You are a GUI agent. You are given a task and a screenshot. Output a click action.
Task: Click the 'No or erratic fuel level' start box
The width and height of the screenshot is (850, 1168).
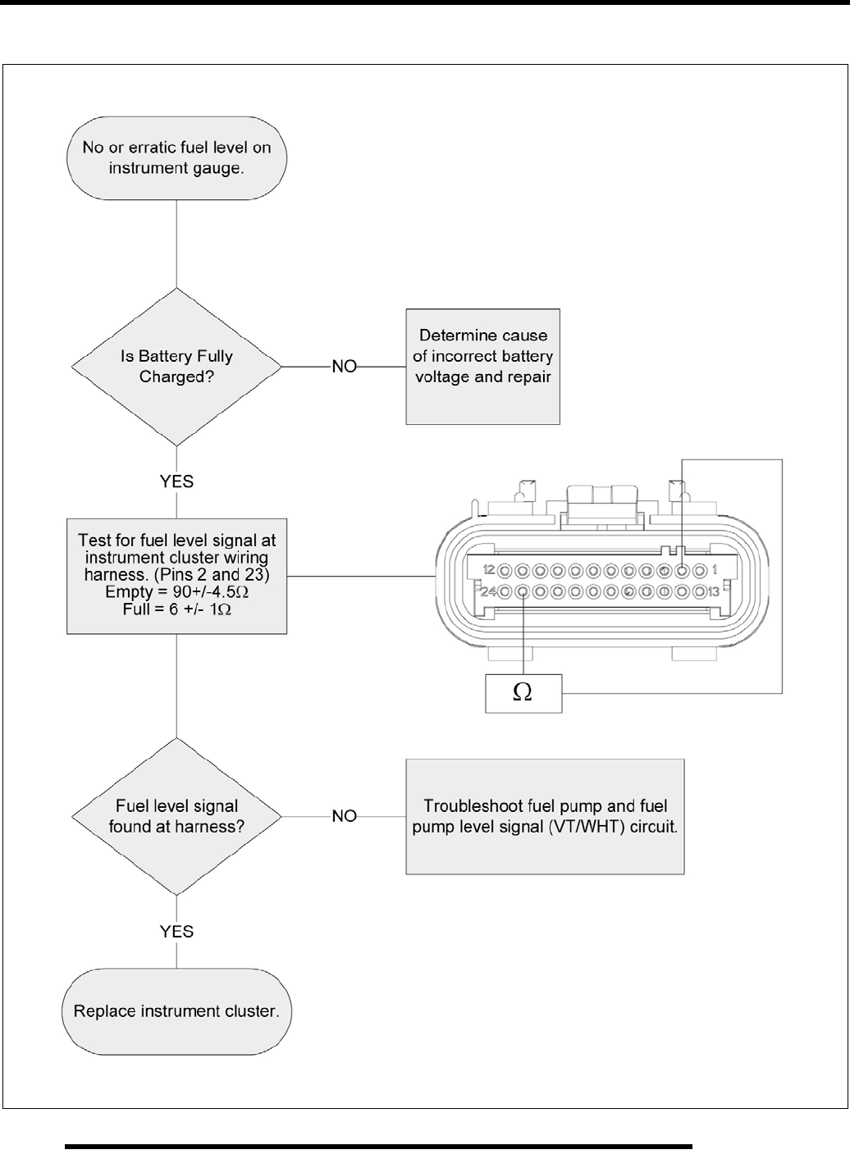tap(176, 159)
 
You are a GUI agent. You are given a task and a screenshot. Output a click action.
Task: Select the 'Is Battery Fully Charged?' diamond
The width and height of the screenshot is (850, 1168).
tap(176, 367)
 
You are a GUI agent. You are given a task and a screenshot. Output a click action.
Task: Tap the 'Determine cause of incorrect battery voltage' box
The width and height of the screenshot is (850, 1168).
tap(482, 366)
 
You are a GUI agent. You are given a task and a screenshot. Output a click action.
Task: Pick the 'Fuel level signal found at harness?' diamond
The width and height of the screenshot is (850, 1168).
tap(176, 816)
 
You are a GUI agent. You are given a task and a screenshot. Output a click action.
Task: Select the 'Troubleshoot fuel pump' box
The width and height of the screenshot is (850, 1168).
tap(545, 816)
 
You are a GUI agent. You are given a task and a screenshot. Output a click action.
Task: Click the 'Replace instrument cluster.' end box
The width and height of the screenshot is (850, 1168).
tap(176, 1011)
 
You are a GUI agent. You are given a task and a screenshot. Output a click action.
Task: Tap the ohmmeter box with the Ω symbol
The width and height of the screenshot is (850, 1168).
tap(523, 693)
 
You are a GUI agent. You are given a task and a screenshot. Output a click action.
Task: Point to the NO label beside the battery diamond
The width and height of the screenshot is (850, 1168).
tap(345, 367)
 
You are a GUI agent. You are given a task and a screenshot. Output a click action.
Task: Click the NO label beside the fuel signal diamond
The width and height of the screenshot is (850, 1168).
tap(345, 816)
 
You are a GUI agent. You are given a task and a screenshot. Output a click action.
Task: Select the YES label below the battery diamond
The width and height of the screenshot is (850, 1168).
tap(176, 481)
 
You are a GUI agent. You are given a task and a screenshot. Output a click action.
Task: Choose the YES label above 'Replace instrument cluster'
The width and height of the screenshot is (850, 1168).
tap(176, 931)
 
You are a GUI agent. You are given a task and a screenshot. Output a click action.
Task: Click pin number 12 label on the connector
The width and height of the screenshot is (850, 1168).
tap(489, 569)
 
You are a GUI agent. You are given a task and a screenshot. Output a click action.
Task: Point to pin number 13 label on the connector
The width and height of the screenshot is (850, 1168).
tap(714, 591)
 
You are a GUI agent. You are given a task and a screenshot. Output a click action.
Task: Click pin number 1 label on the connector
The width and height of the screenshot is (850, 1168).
tap(715, 569)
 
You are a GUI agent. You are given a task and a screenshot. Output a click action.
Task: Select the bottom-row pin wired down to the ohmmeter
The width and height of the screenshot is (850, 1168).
tap(523, 591)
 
